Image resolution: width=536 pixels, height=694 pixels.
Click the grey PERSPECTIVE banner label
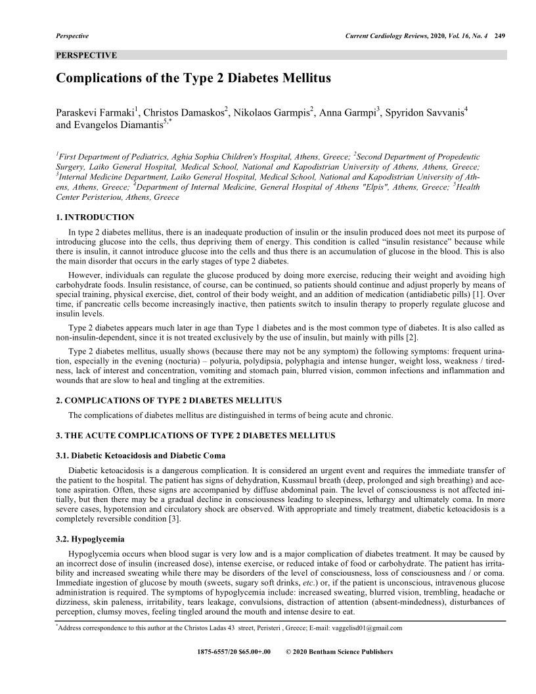[87, 55]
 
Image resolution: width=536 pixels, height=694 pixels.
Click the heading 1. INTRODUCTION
[95, 218]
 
